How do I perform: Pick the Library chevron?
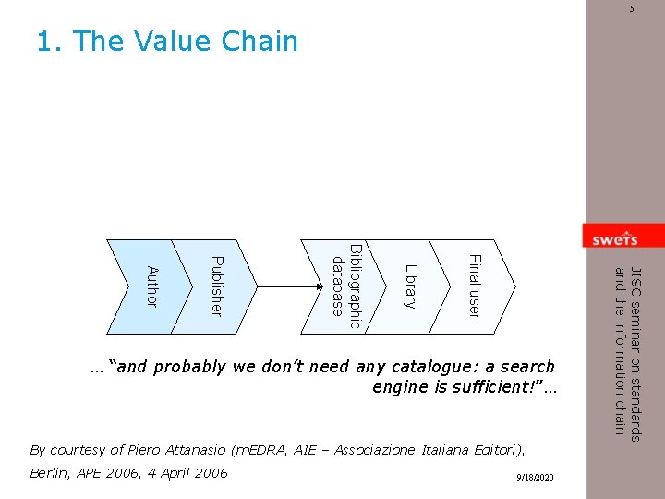pyautogui.click(x=411, y=286)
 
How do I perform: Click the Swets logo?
pyautogui.click(x=613, y=237)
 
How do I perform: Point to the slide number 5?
pyautogui.click(x=633, y=9)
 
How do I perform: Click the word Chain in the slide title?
pyautogui.click(x=260, y=42)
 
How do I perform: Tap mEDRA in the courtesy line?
pyautogui.click(x=262, y=450)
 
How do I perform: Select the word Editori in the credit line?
pyautogui.click(x=496, y=450)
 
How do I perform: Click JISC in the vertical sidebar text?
pyautogui.click(x=635, y=281)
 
